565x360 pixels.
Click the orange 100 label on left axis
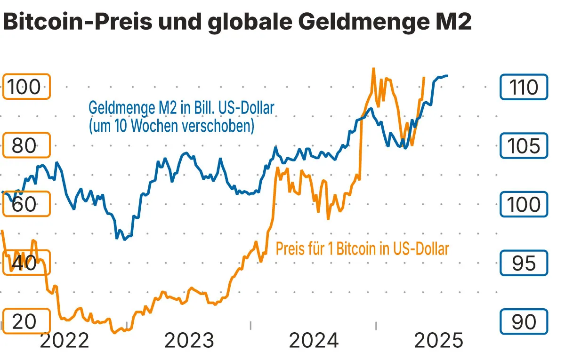[x=26, y=87]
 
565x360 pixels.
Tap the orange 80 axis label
[x=26, y=145]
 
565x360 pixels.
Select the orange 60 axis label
[x=26, y=204]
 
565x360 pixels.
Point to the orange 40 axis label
[x=26, y=263]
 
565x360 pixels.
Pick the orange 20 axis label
[x=26, y=321]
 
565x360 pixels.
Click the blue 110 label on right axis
[x=524, y=87]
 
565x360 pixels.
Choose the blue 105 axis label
[x=524, y=145]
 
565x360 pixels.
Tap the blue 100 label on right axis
[x=524, y=204]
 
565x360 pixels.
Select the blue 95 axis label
[x=524, y=263]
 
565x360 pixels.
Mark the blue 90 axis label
[x=524, y=321]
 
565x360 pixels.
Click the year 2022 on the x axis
[x=64, y=340]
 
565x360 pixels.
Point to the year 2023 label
[x=189, y=340]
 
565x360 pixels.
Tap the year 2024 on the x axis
[x=314, y=340]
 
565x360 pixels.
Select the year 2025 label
[x=438, y=340]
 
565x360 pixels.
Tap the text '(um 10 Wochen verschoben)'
[x=171, y=126]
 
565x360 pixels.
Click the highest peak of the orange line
[x=373, y=69]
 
